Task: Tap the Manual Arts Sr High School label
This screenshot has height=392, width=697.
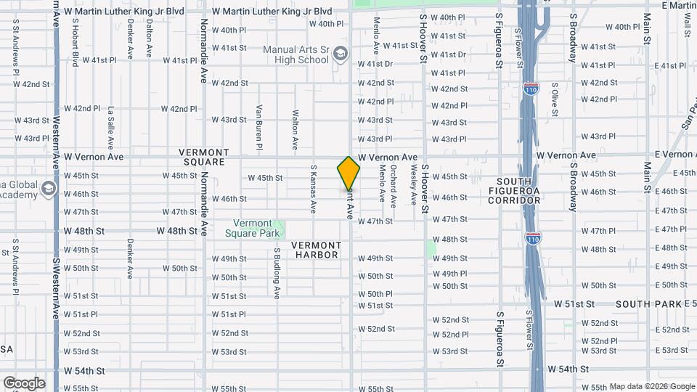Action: (x=295, y=54)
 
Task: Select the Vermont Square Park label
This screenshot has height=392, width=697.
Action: (x=253, y=228)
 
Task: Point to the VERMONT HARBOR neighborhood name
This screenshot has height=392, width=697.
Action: (x=316, y=250)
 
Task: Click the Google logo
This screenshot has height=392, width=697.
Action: (x=23, y=383)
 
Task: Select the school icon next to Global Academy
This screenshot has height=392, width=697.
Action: (x=49, y=190)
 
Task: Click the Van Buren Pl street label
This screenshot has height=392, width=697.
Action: (x=258, y=127)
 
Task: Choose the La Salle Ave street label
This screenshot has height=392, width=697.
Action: (x=111, y=128)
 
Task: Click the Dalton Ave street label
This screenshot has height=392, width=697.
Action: (x=149, y=38)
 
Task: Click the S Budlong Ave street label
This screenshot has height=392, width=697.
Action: (x=277, y=273)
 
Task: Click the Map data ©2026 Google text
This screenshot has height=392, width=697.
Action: (x=652, y=386)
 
